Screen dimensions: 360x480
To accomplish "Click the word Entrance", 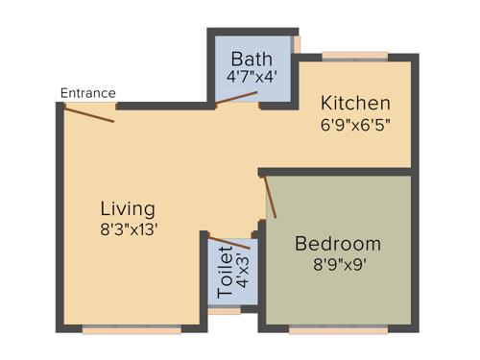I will point(87,93).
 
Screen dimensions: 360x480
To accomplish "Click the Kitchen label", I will point(355,103).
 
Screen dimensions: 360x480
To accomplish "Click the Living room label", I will point(128,208).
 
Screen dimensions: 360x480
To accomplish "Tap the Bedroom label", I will point(338,243).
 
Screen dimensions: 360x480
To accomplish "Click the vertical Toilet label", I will point(225,271).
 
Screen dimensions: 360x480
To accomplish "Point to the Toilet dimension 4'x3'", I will point(242,273).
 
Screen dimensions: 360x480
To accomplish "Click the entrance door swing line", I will point(89,113).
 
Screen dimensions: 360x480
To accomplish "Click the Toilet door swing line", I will point(229,241).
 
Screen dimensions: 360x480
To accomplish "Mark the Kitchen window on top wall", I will point(354,57).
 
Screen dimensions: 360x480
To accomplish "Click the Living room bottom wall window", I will point(131,328).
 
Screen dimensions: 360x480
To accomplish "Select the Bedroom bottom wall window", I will point(337,328).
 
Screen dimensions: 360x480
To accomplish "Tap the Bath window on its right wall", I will point(297,44).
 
